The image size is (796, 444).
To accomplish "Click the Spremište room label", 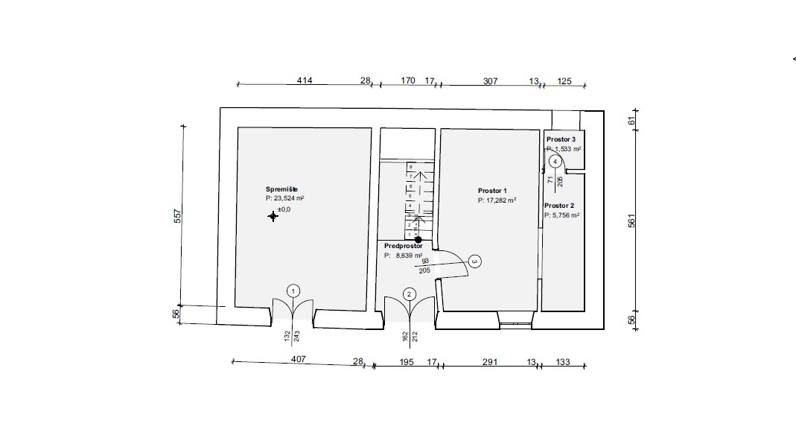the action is pyautogui.click(x=281, y=189).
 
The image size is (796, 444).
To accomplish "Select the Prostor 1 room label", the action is pyautogui.click(x=492, y=191).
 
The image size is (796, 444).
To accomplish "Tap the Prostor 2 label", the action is pyautogui.click(x=559, y=206).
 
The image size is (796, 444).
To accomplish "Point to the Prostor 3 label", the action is pyautogui.click(x=561, y=139).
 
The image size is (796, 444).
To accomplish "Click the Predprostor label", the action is pyautogui.click(x=403, y=246).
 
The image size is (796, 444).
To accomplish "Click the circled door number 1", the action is pyautogui.click(x=293, y=291).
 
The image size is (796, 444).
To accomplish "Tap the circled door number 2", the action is pyautogui.click(x=409, y=294).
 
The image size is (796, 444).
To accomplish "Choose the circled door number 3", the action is pyautogui.click(x=474, y=261).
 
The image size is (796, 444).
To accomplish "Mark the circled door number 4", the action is pyautogui.click(x=555, y=162).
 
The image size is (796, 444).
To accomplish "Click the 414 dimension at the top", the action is pyautogui.click(x=305, y=80).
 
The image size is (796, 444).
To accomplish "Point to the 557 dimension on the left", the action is pyautogui.click(x=177, y=216).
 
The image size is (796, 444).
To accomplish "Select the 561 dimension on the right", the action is pyautogui.click(x=631, y=221).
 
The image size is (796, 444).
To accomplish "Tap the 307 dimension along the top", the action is pyautogui.click(x=491, y=80).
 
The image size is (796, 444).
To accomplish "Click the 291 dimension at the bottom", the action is pyautogui.click(x=490, y=362).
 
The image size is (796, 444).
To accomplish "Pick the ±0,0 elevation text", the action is pyautogui.click(x=284, y=209).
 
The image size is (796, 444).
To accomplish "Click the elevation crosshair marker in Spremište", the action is pyautogui.click(x=273, y=217).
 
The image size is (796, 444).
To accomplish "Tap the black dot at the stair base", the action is pyautogui.click(x=418, y=240).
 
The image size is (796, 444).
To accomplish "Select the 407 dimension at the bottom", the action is pyautogui.click(x=299, y=359).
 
